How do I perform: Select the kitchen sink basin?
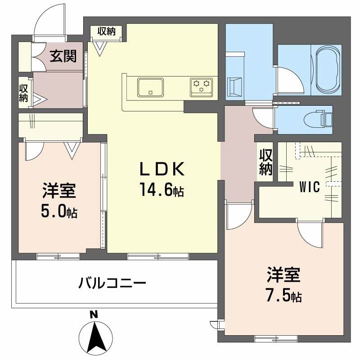tap(151, 86)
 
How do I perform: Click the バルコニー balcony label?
tap(112, 283)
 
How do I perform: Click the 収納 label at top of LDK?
tap(107, 31)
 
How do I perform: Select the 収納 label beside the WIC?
tap(266, 162)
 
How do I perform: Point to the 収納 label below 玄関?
tap(24, 92)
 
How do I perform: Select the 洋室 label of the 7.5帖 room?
tap(283, 274)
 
